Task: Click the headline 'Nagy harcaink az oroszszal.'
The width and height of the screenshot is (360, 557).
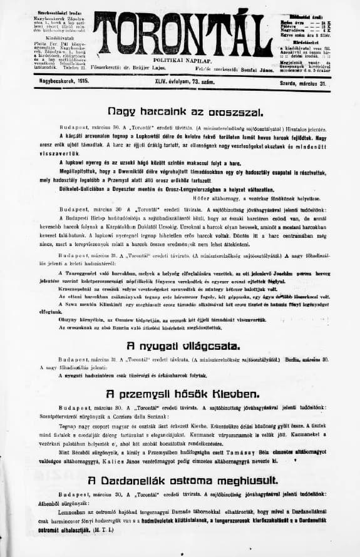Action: pyautogui.click(x=179, y=112)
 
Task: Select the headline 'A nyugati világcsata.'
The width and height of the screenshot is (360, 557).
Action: pyautogui.click(x=180, y=345)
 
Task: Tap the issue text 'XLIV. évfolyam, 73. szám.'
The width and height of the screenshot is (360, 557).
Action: pyautogui.click(x=182, y=81)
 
